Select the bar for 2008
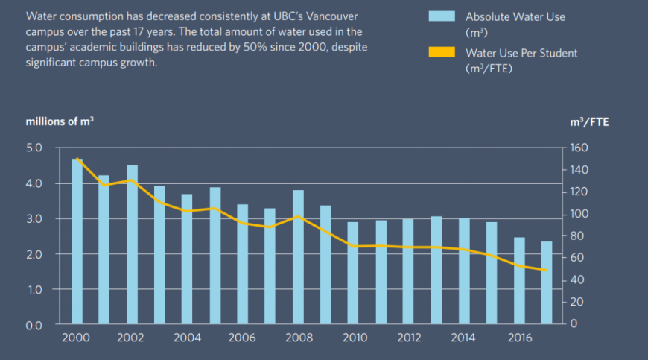click(x=298, y=257)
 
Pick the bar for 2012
click(x=408, y=271)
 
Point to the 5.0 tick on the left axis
click(x=35, y=148)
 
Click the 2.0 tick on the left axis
click(x=35, y=254)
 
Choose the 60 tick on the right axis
click(x=578, y=258)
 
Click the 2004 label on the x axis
click(x=187, y=338)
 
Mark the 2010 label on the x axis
click(x=353, y=338)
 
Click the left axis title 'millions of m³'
click(x=60, y=121)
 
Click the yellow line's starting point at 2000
click(x=77, y=158)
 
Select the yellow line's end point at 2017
click(x=547, y=271)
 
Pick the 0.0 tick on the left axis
click(x=35, y=325)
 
